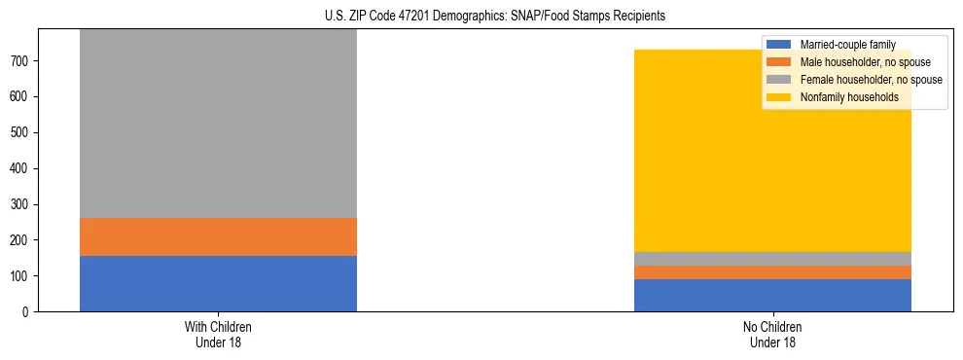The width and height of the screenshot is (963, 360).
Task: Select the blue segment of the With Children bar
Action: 218,283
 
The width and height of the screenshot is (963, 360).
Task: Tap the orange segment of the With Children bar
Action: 218,236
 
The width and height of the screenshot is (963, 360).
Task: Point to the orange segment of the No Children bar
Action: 772,272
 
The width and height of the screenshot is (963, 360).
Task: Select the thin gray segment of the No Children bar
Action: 772,259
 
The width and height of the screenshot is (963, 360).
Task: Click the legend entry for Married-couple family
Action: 845,45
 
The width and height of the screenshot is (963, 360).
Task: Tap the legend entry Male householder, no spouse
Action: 857,62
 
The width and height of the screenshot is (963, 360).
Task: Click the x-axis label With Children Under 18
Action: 218,334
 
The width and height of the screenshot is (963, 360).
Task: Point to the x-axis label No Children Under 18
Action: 772,334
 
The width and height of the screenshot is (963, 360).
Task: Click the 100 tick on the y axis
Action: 22,276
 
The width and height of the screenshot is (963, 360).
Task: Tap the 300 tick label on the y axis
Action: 22,204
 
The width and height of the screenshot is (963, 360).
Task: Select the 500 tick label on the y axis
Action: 22,132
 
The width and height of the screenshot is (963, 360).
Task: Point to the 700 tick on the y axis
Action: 22,61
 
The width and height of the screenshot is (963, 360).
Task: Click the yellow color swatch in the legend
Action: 779,97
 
